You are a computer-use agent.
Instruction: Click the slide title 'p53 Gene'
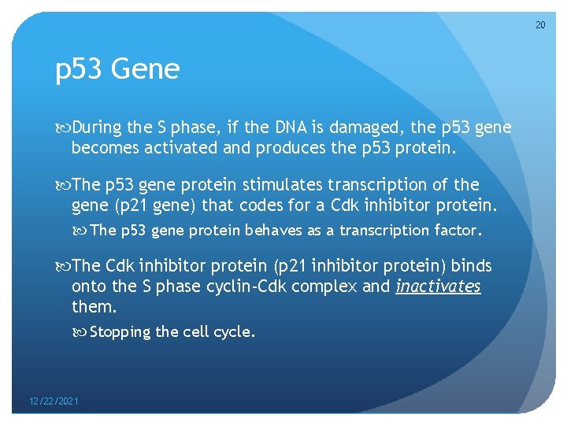tap(117, 70)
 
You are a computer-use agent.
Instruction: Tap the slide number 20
tap(540, 26)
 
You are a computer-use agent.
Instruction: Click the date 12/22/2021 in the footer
tap(54, 401)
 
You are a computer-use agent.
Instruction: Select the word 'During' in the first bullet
tap(97, 128)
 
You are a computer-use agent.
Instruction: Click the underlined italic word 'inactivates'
tap(438, 286)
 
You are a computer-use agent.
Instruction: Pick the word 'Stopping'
tap(120, 331)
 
